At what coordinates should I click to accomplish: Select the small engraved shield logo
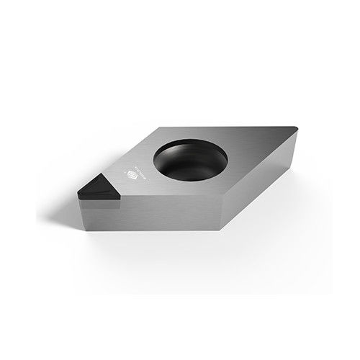130,173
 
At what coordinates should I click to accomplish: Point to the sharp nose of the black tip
76,192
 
